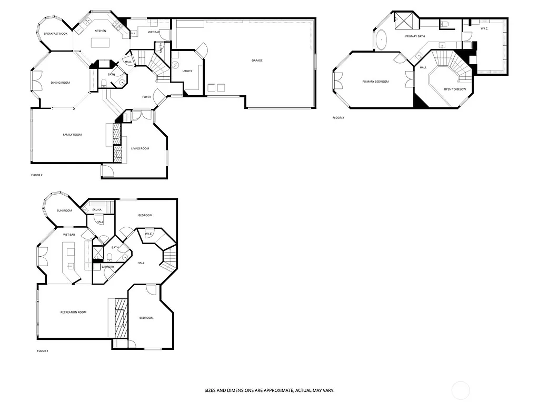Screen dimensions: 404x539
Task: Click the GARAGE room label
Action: pos(257,60)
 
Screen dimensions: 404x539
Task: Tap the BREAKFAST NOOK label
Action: pos(55,34)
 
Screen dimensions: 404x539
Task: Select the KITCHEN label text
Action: pos(100,31)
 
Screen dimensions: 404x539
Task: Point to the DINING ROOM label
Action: pos(60,83)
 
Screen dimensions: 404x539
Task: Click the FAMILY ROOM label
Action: pos(72,135)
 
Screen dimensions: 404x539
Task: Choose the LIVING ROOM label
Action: pos(140,148)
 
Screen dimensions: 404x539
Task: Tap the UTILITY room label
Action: pos(187,71)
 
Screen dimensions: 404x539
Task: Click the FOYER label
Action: pos(147,97)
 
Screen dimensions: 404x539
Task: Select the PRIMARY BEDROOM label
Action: pos(375,82)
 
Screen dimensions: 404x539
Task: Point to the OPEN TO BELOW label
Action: pos(455,89)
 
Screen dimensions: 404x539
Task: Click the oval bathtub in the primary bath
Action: pos(381,40)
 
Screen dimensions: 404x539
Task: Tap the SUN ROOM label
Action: pos(64,210)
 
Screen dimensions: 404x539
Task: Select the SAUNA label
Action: pos(97,210)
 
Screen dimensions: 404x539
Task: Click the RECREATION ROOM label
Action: pos(73,312)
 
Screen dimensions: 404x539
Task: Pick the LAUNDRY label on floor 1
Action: pos(108,267)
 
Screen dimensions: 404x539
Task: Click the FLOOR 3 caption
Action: pos(338,118)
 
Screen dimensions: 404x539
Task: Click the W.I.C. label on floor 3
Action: pos(484,28)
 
